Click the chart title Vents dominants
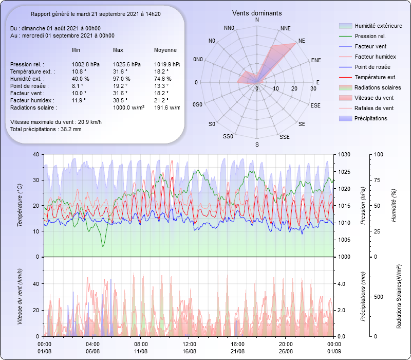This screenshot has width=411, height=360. (x=257, y=13)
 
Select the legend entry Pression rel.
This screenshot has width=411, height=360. (x=370, y=36)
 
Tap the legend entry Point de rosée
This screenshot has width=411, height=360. (x=372, y=67)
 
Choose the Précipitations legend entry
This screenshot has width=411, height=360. (x=371, y=118)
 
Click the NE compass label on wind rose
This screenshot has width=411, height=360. (x=302, y=40)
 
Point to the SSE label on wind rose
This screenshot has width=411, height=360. (x=284, y=137)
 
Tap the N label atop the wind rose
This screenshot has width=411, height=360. (x=257, y=20)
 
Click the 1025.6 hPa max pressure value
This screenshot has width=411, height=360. (x=126, y=64)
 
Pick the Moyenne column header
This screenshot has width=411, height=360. (x=165, y=50)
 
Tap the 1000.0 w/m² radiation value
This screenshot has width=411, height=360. (x=128, y=107)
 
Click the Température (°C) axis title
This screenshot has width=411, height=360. (x=20, y=206)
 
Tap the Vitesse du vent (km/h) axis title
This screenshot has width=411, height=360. (x=20, y=296)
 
